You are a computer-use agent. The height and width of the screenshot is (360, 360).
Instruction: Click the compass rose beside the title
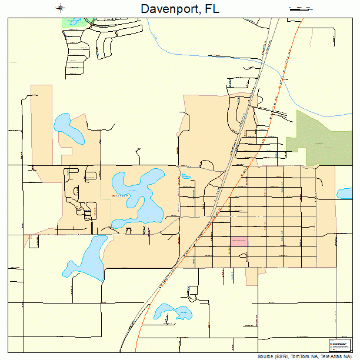61,8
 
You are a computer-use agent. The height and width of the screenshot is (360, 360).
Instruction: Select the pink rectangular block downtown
239,241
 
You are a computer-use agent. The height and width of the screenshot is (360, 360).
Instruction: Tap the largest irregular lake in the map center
141,197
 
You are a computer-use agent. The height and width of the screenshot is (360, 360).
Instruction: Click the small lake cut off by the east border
344,193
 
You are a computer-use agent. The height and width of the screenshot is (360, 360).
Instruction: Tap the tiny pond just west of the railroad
186,175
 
